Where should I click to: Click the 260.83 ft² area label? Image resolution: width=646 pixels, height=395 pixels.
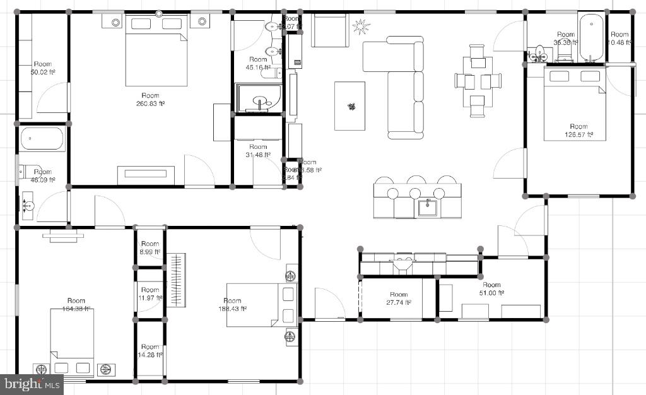point(150,100)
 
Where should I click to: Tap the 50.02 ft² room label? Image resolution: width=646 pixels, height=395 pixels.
point(42,68)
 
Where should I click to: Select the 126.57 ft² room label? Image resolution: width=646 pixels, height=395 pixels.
point(578,131)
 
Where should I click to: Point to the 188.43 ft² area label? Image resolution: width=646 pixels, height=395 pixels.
point(232,305)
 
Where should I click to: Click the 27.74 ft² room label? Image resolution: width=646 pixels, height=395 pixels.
point(399,298)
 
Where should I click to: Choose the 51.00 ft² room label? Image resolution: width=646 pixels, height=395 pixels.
point(491,289)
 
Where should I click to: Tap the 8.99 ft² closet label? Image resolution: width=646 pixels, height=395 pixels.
point(150,248)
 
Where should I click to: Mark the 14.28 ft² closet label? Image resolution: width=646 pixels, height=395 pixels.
point(150,351)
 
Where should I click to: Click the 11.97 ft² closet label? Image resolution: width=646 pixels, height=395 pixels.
point(150,294)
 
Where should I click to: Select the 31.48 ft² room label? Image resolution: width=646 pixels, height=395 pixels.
point(258,151)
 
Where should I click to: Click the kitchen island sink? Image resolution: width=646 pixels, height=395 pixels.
point(428,206)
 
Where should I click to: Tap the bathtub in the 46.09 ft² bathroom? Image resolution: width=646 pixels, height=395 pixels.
point(42,139)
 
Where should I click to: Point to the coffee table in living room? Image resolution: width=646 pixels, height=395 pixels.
point(349,106)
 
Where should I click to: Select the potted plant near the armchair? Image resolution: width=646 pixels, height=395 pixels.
point(361,27)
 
